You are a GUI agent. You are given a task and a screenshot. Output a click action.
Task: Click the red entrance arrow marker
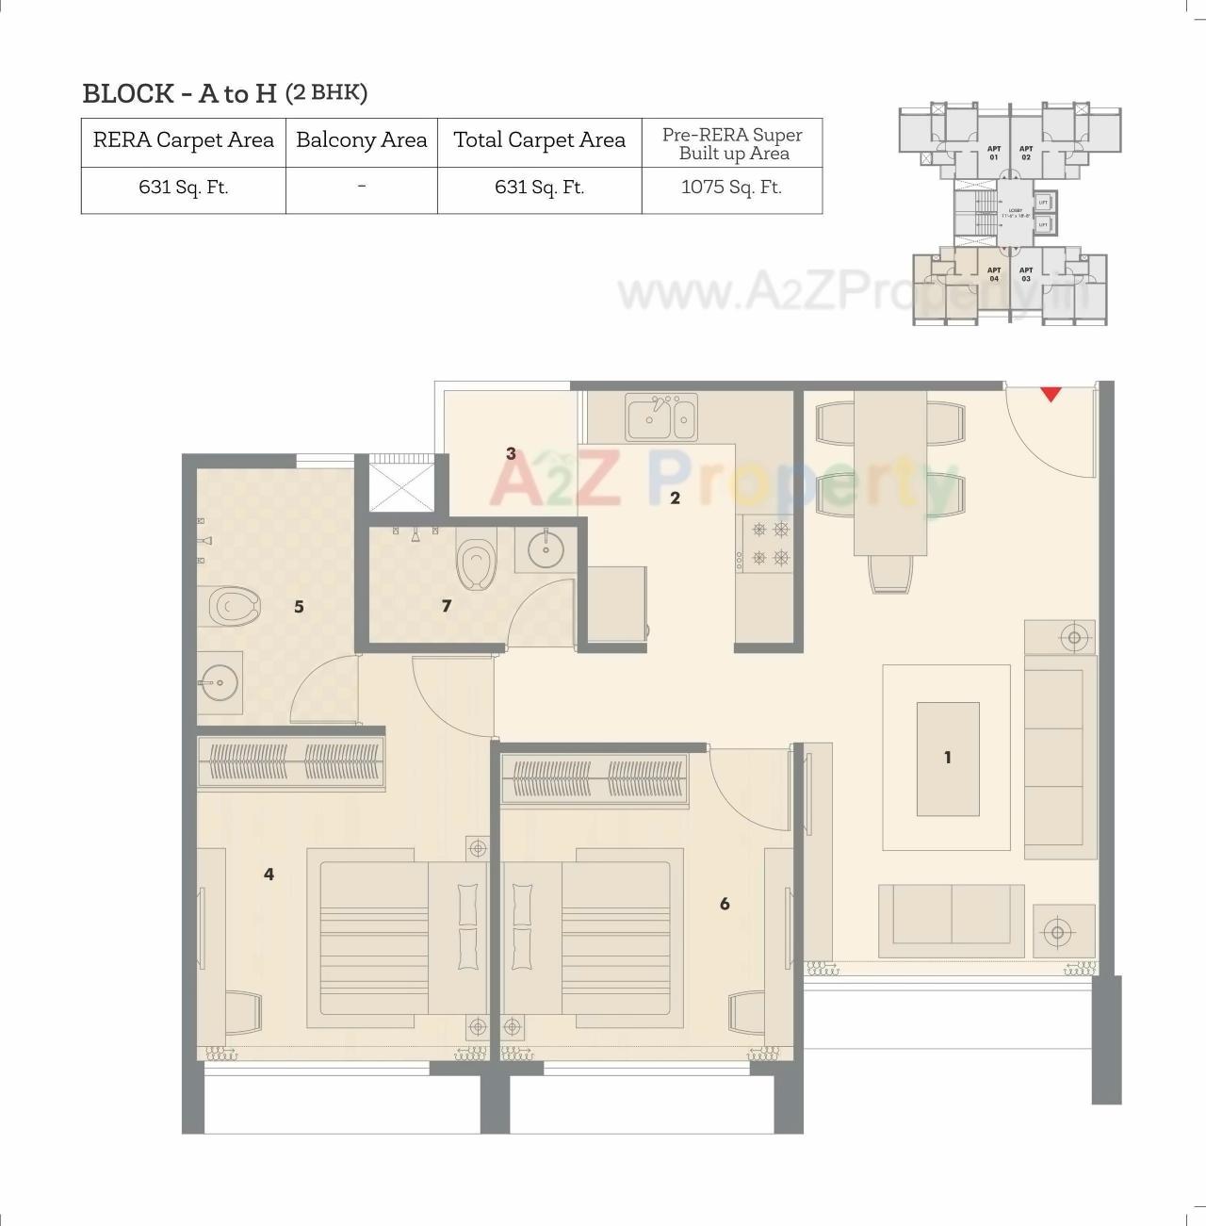(x=1051, y=394)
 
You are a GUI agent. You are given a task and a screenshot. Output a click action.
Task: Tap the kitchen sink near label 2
(x=661, y=417)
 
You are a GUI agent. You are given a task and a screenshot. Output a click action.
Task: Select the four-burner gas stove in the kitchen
(x=769, y=544)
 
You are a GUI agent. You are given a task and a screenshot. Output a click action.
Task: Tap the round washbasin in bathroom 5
(x=219, y=682)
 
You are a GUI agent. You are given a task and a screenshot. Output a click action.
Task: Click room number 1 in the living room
(x=947, y=757)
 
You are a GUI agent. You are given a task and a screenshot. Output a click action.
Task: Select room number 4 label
(x=269, y=875)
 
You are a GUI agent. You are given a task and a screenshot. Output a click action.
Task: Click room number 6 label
(x=724, y=904)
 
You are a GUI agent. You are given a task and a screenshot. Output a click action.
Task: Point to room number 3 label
(x=511, y=453)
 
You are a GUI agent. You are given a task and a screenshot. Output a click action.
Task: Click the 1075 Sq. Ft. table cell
(x=731, y=188)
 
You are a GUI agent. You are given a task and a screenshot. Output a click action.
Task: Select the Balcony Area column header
(x=361, y=140)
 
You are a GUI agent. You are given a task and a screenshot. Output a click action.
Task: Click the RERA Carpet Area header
(x=183, y=140)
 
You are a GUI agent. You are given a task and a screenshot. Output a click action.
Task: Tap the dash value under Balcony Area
(x=361, y=188)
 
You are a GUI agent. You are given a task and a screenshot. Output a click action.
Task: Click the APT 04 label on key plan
(x=993, y=274)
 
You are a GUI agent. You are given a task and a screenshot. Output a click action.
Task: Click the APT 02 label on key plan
(x=1026, y=153)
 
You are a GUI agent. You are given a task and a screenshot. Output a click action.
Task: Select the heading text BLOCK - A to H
(x=179, y=93)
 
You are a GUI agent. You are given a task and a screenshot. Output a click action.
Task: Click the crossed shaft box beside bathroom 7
(x=400, y=483)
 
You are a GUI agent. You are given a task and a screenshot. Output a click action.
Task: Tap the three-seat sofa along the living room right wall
(x=1060, y=758)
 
